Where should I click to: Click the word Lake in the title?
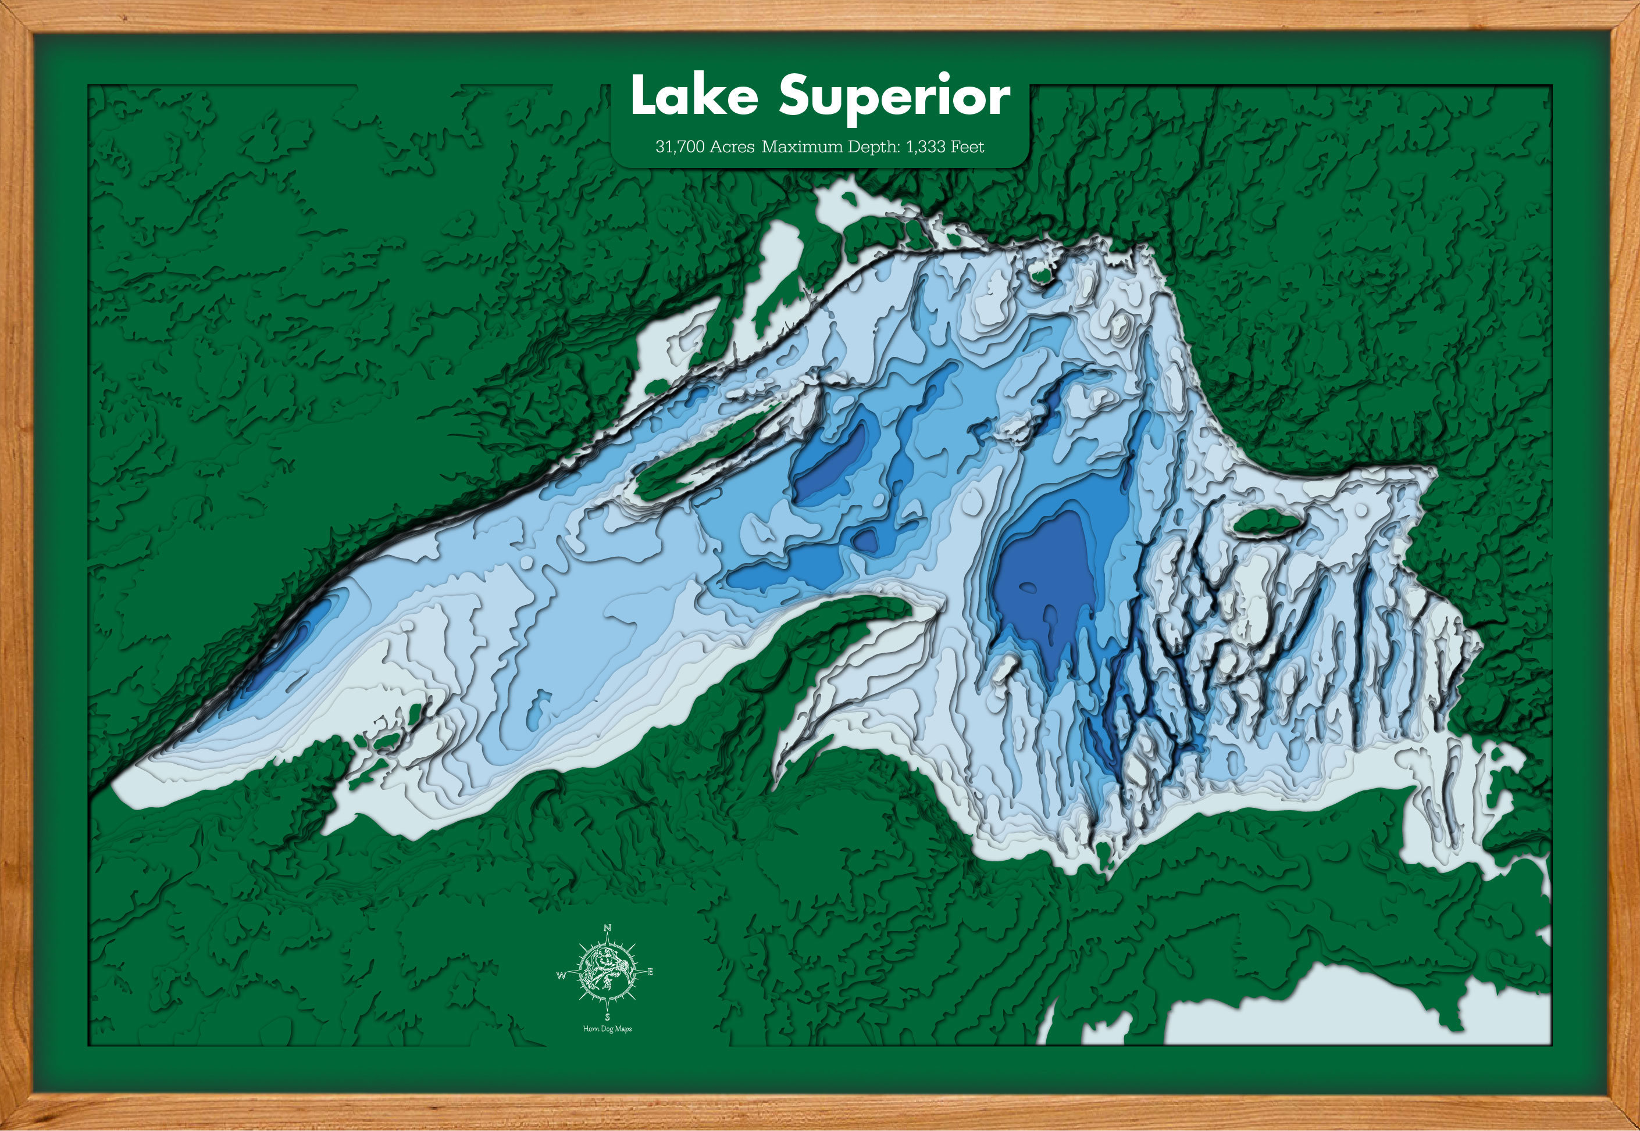point(693,96)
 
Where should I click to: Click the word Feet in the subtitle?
point(967,146)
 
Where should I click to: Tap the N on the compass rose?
point(607,928)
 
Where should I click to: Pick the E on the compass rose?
point(650,972)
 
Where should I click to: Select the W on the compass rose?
point(561,976)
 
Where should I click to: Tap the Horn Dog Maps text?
point(607,1029)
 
